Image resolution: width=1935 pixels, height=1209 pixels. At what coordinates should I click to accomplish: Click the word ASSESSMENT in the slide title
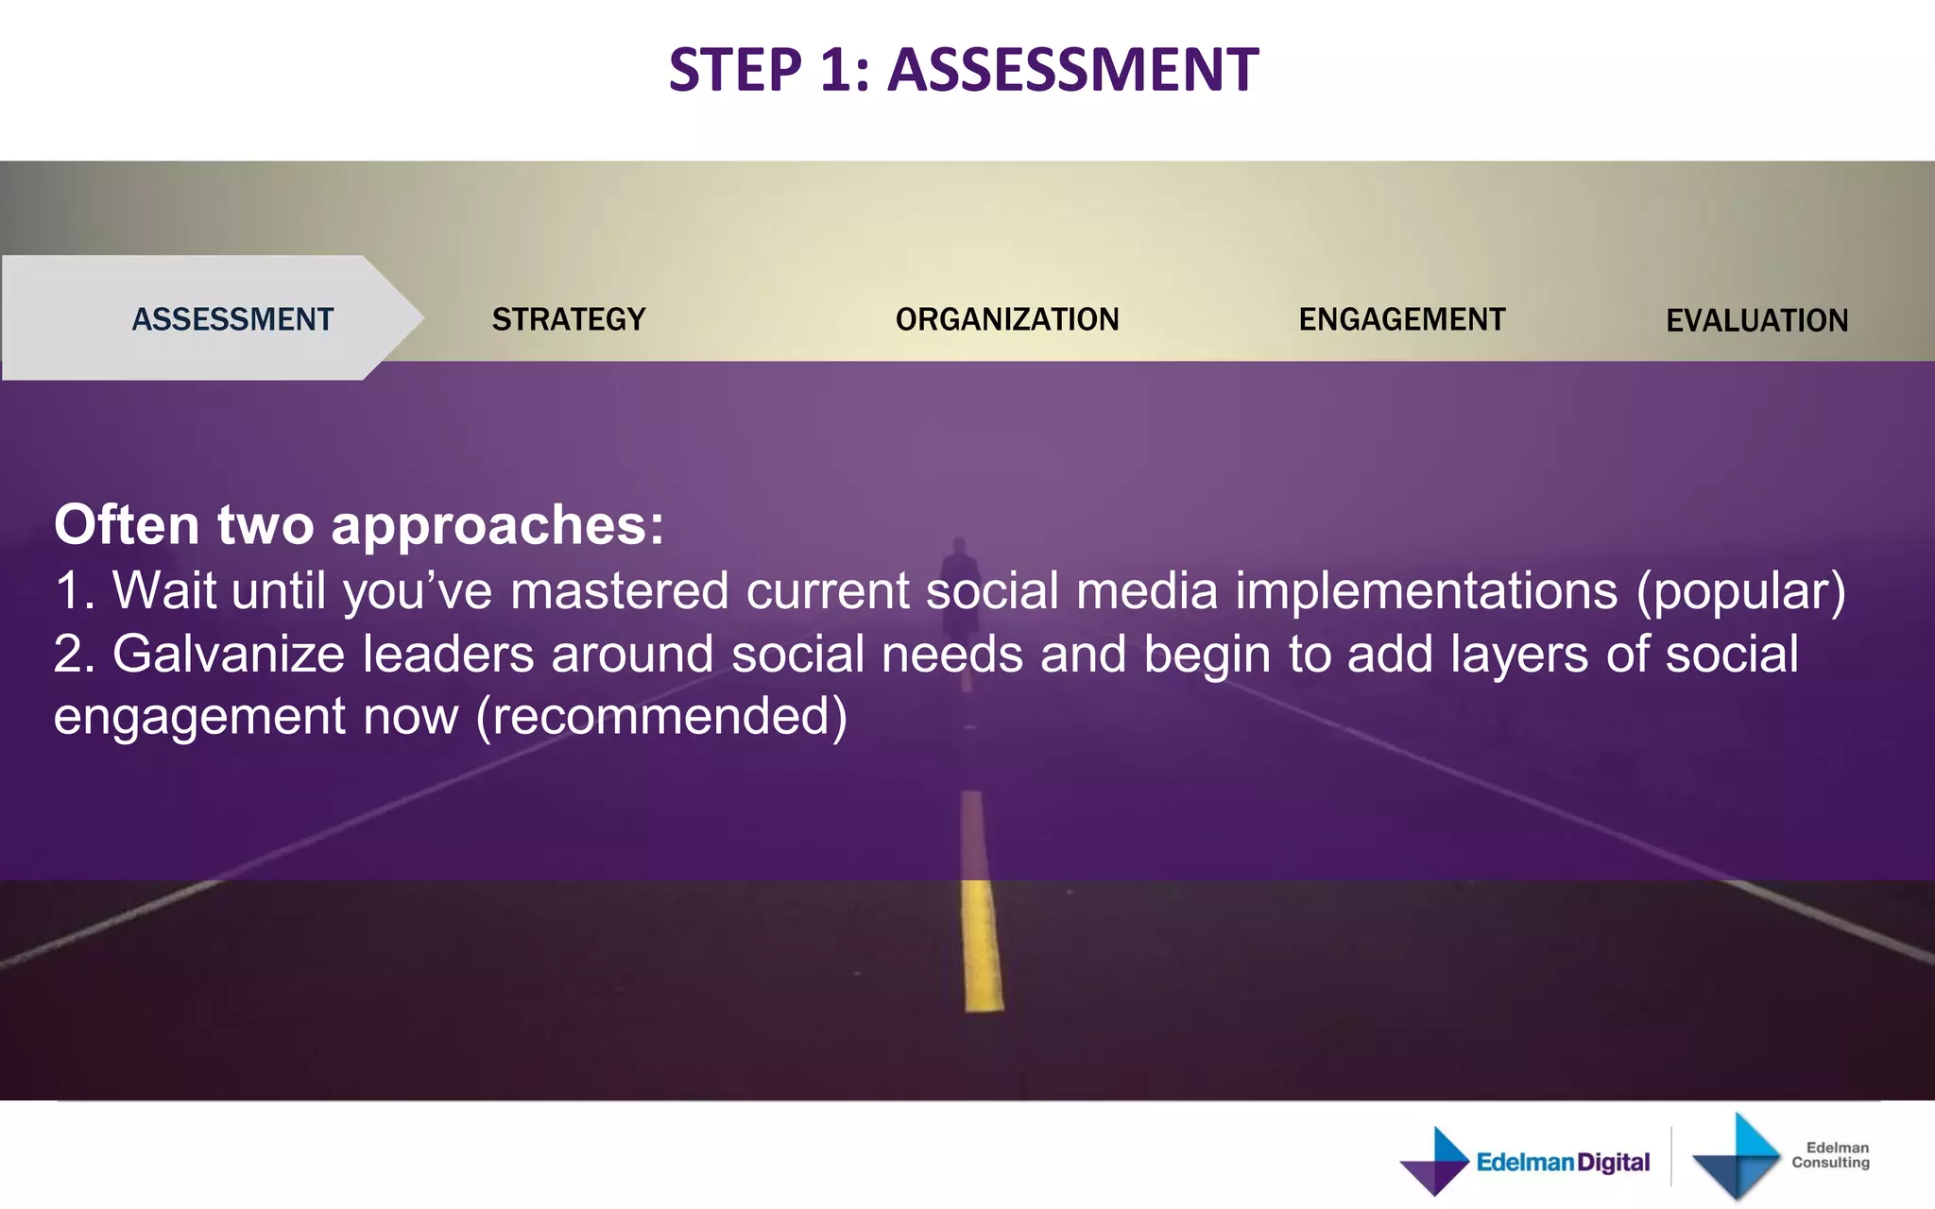coord(1072,70)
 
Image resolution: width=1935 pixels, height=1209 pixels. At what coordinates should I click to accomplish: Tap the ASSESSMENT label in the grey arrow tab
coord(232,319)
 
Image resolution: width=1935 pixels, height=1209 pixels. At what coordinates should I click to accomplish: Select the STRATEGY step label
coord(569,319)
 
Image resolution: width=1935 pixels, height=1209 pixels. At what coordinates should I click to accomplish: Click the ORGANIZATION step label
coord(1007,319)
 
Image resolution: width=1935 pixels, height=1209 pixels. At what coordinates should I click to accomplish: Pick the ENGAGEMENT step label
coord(1402,319)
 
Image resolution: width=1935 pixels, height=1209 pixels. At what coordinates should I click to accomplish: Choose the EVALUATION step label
coord(1756,321)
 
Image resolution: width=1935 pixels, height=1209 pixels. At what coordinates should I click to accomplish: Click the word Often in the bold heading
coord(127,524)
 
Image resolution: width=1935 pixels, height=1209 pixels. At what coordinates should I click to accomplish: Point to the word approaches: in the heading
coord(498,526)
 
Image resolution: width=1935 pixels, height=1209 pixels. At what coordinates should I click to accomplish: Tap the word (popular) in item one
coord(1740,591)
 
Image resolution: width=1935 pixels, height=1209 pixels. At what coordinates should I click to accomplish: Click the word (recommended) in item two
coord(661,717)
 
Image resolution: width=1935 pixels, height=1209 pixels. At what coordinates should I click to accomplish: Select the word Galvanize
coord(229,654)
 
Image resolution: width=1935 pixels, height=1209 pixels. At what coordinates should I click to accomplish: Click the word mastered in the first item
coord(619,591)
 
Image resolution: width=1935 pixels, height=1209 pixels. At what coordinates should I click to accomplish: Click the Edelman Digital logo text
coord(1563,1162)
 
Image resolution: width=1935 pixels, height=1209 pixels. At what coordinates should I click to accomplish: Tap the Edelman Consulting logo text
coord(1830,1154)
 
